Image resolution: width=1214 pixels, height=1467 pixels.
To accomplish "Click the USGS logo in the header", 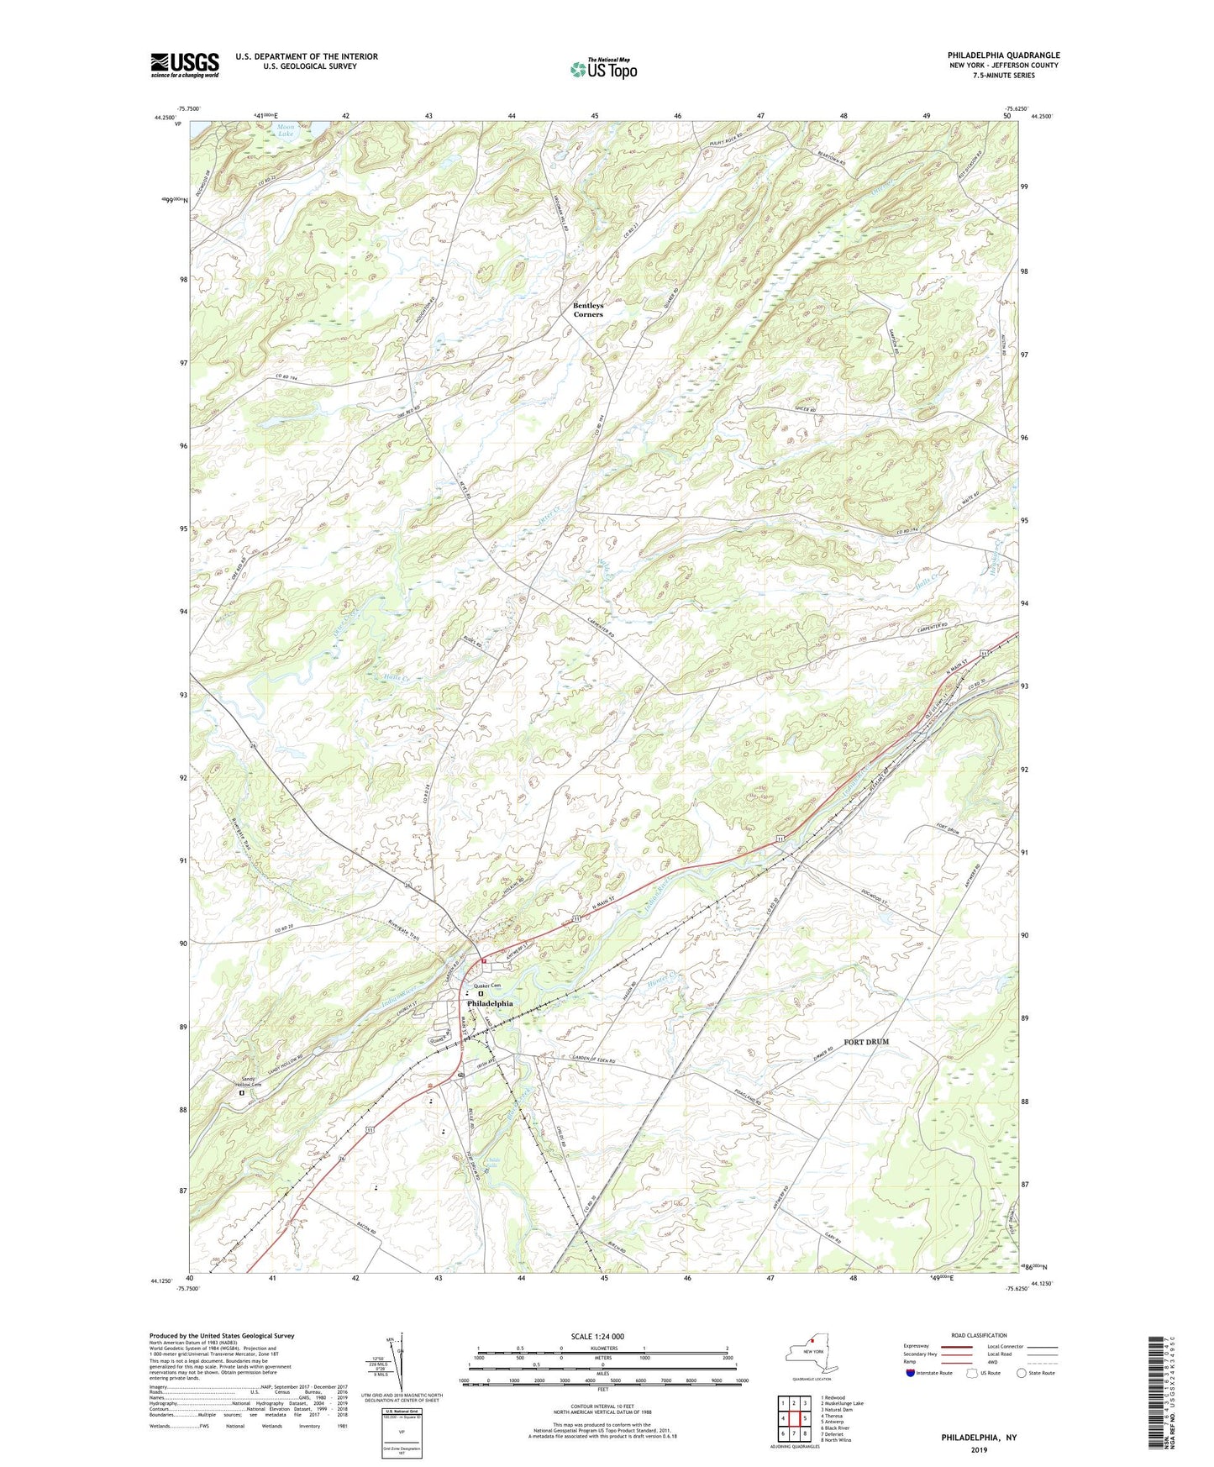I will (185, 65).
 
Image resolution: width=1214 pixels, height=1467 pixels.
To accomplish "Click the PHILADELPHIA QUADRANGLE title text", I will (1003, 55).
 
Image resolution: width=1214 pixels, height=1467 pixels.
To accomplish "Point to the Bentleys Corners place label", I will (588, 310).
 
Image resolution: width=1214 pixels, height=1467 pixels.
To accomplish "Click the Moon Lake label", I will (286, 130).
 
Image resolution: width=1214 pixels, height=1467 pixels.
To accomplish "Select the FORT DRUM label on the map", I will (866, 1042).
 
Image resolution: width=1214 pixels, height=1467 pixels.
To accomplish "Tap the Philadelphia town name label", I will (490, 1004).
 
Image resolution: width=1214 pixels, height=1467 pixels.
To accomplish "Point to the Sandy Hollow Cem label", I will (247, 1081).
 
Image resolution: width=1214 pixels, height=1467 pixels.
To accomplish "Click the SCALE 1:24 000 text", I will (597, 1337).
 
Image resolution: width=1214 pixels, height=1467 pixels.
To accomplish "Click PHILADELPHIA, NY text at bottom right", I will (978, 1438).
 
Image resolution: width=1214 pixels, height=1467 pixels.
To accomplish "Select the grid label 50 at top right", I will (1006, 116).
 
